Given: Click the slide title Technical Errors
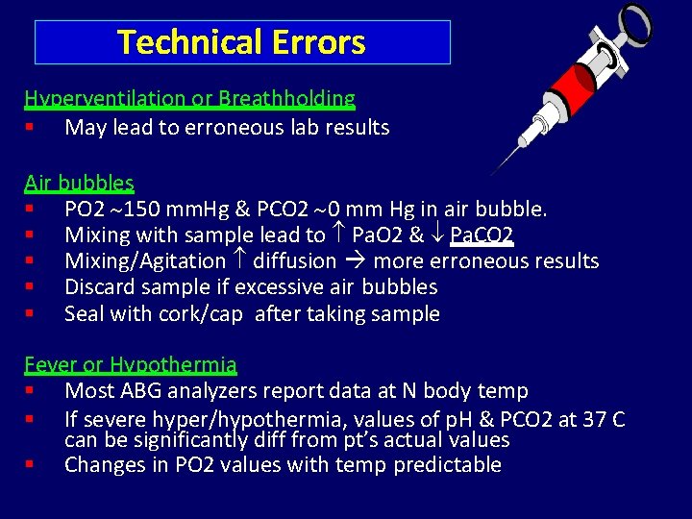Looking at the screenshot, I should click(241, 42).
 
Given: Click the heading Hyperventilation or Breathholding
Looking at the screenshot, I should click(189, 98).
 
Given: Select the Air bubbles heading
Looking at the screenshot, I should click(79, 183).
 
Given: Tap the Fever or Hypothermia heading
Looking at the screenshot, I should click(131, 365).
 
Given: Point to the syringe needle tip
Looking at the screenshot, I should click(493, 173).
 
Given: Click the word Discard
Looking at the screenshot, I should click(101, 287).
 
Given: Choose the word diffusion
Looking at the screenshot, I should click(294, 261).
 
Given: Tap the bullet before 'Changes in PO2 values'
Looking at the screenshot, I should click(31, 465).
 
